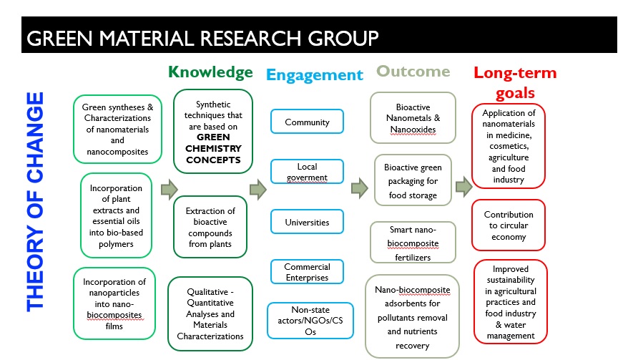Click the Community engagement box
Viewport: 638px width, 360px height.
coord(307,122)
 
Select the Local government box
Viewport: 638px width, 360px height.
coord(307,172)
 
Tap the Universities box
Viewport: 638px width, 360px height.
coord(307,222)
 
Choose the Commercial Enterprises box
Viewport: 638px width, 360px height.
coord(307,272)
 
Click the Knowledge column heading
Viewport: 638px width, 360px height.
coord(210,72)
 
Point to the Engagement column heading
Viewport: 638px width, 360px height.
coord(314,74)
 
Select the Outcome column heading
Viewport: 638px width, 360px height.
coord(413,71)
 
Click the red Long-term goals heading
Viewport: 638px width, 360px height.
coord(514,82)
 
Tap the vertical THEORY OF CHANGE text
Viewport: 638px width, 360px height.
coord(35,201)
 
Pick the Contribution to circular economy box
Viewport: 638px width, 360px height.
coord(509,225)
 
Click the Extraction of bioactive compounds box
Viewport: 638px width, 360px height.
coord(210,226)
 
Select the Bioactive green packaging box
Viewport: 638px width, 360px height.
coord(413,180)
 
